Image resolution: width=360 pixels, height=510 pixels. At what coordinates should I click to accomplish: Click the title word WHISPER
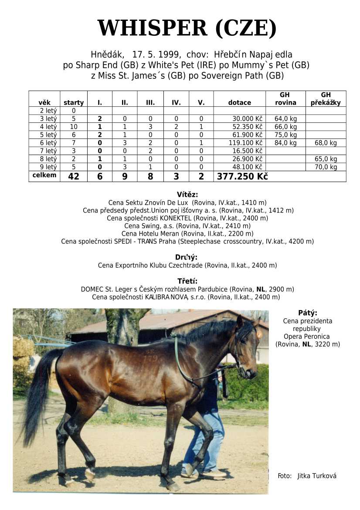(152, 28)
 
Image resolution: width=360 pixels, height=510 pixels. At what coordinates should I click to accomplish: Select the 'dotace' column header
(239, 103)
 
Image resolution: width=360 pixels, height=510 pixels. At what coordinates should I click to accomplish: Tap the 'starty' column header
(74, 103)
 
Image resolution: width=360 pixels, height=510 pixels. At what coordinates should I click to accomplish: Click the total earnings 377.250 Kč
(242, 176)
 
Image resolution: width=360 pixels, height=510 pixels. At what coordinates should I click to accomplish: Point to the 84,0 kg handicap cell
(285, 143)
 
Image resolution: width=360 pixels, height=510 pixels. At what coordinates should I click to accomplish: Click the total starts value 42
(74, 176)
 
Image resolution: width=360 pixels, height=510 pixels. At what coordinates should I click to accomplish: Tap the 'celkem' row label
(44, 175)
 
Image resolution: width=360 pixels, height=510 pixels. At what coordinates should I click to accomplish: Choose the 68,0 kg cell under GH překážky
(326, 143)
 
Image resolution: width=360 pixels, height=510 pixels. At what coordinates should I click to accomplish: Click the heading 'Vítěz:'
(187, 195)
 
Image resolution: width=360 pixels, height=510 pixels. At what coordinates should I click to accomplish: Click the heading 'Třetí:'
(187, 281)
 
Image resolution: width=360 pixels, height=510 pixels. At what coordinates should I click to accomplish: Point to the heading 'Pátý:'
(308, 313)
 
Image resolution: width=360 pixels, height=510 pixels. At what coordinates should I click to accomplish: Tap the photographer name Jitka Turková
(317, 476)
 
